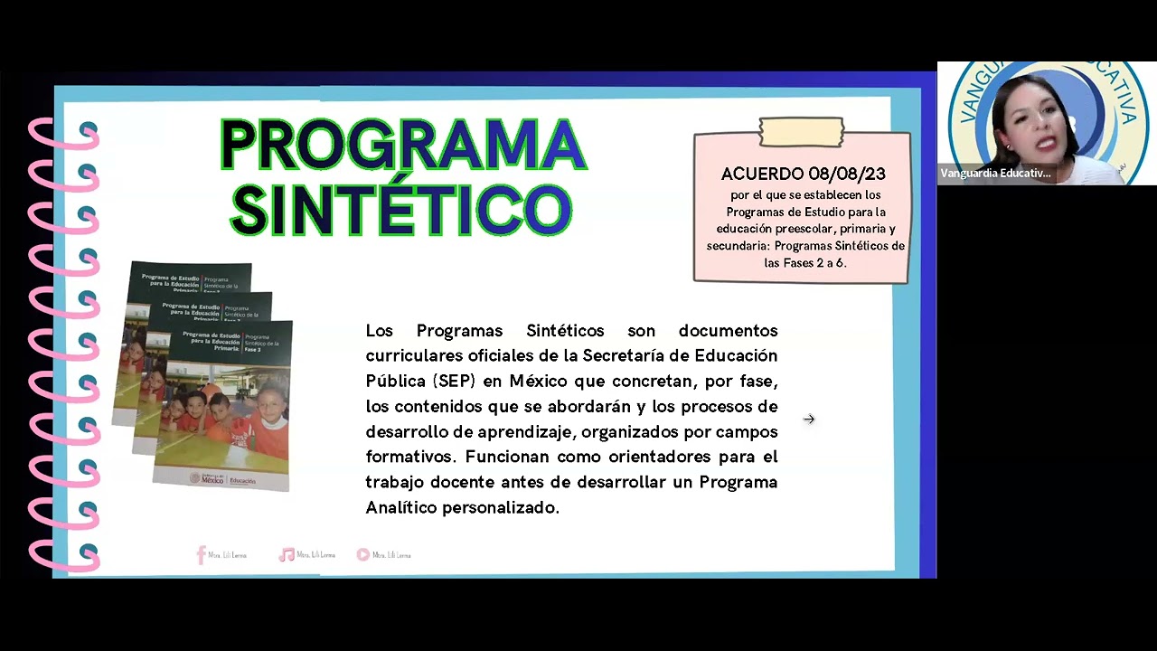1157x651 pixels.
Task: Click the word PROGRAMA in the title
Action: click(403, 145)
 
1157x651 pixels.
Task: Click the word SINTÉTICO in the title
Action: click(401, 209)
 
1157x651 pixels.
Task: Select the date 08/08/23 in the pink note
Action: click(847, 174)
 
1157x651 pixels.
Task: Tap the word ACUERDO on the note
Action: click(762, 174)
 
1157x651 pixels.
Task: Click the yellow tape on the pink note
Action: click(802, 132)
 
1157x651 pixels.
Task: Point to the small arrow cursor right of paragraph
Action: click(809, 419)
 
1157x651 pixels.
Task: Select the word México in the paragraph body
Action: click(539, 381)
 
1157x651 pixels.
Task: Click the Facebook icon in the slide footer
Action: click(202, 555)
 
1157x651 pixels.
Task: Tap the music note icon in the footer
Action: click(287, 555)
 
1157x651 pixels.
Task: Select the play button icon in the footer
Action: click(362, 555)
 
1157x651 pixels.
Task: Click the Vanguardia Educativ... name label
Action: click(995, 174)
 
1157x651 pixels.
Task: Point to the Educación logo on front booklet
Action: click(241, 481)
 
